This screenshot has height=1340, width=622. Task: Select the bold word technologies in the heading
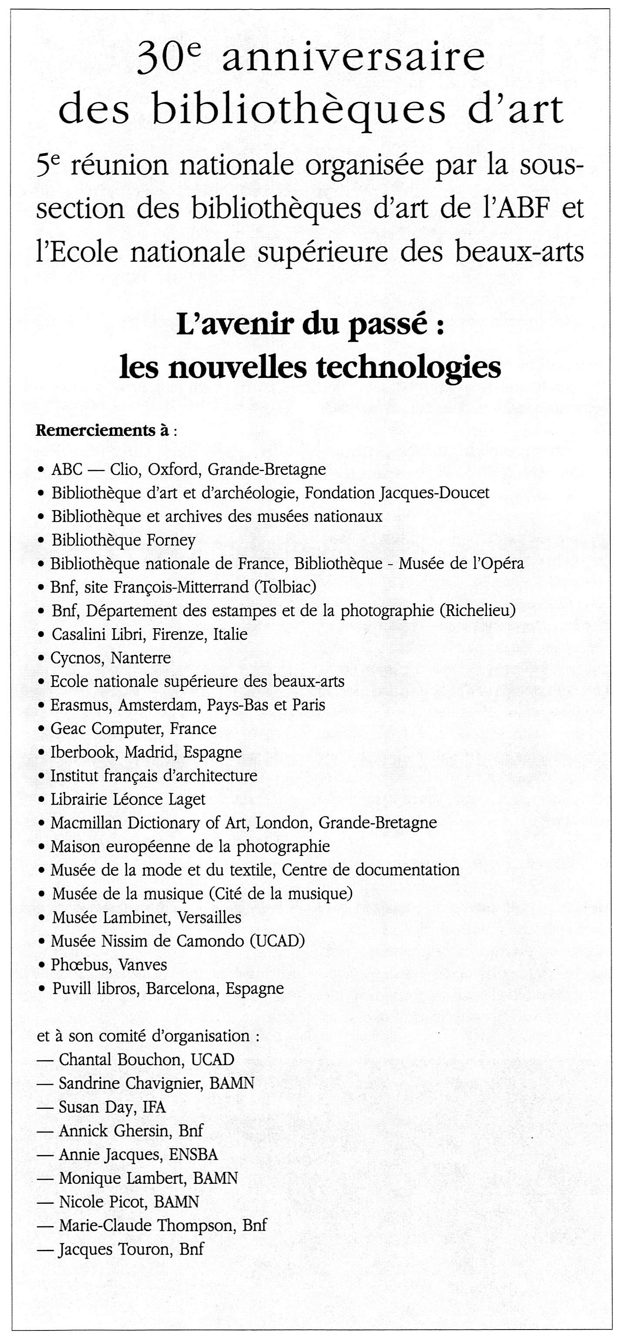tap(408, 368)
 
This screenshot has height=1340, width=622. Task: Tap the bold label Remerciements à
tap(102, 431)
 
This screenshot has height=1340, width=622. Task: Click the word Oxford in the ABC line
tap(174, 470)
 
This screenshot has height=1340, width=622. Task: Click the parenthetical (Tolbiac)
tap(285, 587)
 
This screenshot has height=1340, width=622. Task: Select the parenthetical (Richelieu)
tap(477, 611)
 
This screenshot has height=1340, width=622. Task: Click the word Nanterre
tap(141, 658)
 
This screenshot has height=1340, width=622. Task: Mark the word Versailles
tap(210, 917)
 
